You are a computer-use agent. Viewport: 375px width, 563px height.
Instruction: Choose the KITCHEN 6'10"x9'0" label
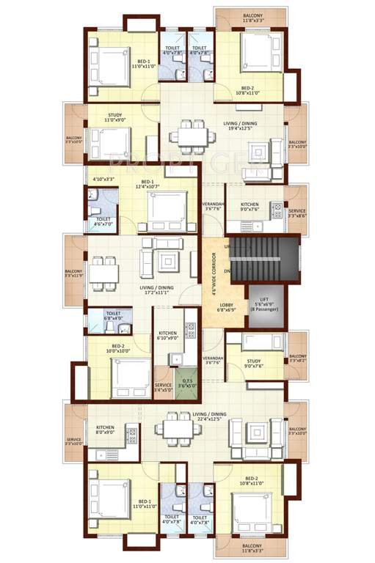pyautogui.click(x=167, y=336)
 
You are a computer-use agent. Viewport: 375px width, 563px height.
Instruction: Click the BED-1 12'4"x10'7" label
pyautogui.click(x=148, y=185)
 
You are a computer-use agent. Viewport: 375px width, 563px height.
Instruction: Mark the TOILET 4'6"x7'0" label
pyautogui.click(x=103, y=221)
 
